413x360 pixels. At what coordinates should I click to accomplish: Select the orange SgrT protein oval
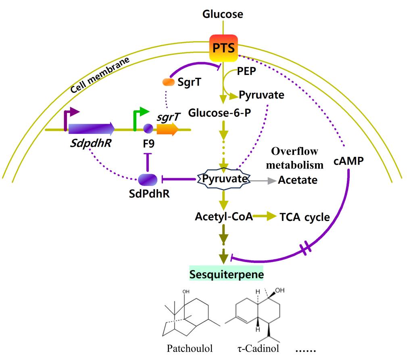[168, 82]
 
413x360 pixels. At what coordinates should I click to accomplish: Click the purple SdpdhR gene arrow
[91, 129]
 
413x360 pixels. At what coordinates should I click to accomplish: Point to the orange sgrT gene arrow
[167, 129]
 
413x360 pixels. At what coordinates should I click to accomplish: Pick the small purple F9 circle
[148, 129]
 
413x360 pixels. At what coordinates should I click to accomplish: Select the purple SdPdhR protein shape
[147, 179]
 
